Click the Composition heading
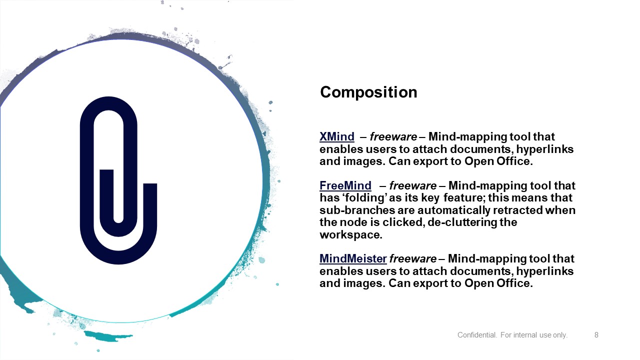tap(368, 92)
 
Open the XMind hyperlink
tap(337, 136)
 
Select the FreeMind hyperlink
tap(345, 185)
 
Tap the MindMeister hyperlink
tap(353, 258)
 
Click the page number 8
tap(596, 335)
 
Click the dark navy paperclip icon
tap(118, 180)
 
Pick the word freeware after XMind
tap(393, 136)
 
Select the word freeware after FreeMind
tap(413, 185)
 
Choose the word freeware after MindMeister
tap(413, 258)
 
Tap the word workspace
tap(351, 235)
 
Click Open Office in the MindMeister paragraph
tap(498, 283)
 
